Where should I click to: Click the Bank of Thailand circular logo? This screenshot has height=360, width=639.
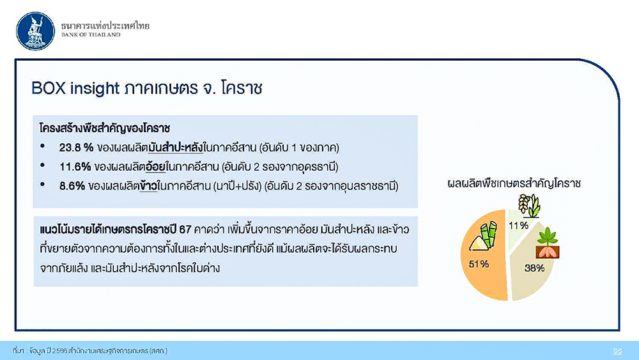pyautogui.click(x=35, y=31)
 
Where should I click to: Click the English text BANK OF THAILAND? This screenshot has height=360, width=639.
pyautogui.click(x=91, y=35)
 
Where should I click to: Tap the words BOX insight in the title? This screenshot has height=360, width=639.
pyautogui.click(x=75, y=88)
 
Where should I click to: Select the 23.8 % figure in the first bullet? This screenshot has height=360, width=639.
pyautogui.click(x=76, y=148)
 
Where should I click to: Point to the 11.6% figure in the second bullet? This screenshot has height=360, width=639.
pyautogui.click(x=75, y=167)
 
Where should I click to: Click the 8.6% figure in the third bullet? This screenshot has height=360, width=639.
pyautogui.click(x=72, y=186)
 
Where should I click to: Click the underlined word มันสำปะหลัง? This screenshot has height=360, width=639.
pyautogui.click(x=176, y=148)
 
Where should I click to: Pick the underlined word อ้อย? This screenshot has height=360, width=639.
pyautogui.click(x=155, y=167)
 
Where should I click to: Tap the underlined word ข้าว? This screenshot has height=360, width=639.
pyautogui.click(x=148, y=186)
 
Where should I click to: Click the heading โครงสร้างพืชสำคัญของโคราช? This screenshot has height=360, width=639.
pyautogui.click(x=105, y=128)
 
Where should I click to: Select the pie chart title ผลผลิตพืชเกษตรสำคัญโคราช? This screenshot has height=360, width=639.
pyautogui.click(x=514, y=184)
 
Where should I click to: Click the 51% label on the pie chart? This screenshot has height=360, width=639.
pyautogui.click(x=479, y=264)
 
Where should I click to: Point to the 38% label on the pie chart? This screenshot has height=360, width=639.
pyautogui.click(x=534, y=268)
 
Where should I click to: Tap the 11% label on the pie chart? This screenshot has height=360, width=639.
pyautogui.click(x=518, y=226)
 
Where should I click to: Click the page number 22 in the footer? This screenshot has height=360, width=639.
pyautogui.click(x=618, y=352)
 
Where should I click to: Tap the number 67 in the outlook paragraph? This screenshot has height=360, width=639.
pyautogui.click(x=185, y=230)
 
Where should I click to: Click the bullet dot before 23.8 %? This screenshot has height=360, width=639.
pyautogui.click(x=42, y=146)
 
